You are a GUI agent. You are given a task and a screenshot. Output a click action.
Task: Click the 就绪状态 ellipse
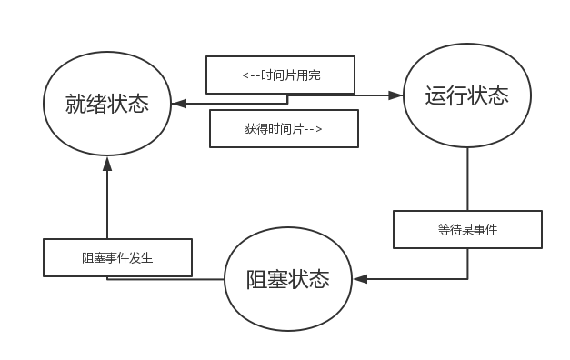pos(107,105)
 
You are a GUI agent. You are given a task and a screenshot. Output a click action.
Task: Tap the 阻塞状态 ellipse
pos(287,279)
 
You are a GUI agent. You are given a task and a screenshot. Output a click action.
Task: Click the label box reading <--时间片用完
pos(280,75)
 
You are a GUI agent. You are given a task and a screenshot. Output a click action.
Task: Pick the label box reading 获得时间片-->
pos(284,129)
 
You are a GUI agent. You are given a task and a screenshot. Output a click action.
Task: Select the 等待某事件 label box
pos(467,230)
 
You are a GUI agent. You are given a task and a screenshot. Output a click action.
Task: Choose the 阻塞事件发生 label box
pos(117,258)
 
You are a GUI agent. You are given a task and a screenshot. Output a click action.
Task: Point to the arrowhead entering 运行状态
pos(397,94)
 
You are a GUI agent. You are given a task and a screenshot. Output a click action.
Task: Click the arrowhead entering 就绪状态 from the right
pos(179,103)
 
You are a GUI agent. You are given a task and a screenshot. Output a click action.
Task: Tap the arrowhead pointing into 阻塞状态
pos(359,279)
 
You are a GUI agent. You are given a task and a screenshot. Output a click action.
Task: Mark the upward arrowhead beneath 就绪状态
pos(107,163)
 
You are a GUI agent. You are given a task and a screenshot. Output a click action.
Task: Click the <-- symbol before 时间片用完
pos(251,76)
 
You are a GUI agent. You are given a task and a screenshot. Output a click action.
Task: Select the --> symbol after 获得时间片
pos(312,129)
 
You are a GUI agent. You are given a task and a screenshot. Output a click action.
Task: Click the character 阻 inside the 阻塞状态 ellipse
pos(257,280)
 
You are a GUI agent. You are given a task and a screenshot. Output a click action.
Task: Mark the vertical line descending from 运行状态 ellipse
pos(467,177)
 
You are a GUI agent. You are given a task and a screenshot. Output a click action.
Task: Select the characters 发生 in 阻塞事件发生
pos(141,258)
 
